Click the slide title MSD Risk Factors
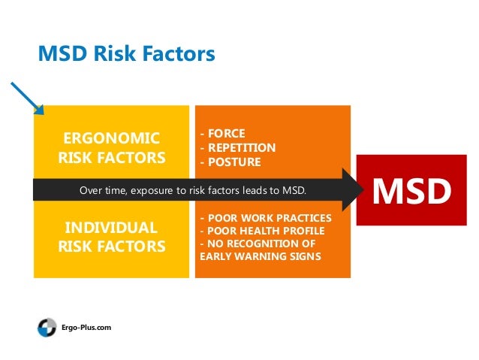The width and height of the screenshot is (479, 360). click(126, 54)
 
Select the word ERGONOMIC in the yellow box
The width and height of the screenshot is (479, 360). click(110, 138)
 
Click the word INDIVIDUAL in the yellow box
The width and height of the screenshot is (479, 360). click(110, 227)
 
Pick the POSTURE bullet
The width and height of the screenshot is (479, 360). click(230, 162)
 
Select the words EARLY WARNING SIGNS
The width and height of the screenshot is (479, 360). click(260, 256)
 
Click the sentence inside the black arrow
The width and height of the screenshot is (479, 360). click(193, 189)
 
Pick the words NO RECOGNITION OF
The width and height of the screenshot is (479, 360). click(258, 244)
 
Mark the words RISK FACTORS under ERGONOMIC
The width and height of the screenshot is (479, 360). click(110, 158)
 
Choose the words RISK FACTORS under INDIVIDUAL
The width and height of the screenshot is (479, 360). click(110, 246)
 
